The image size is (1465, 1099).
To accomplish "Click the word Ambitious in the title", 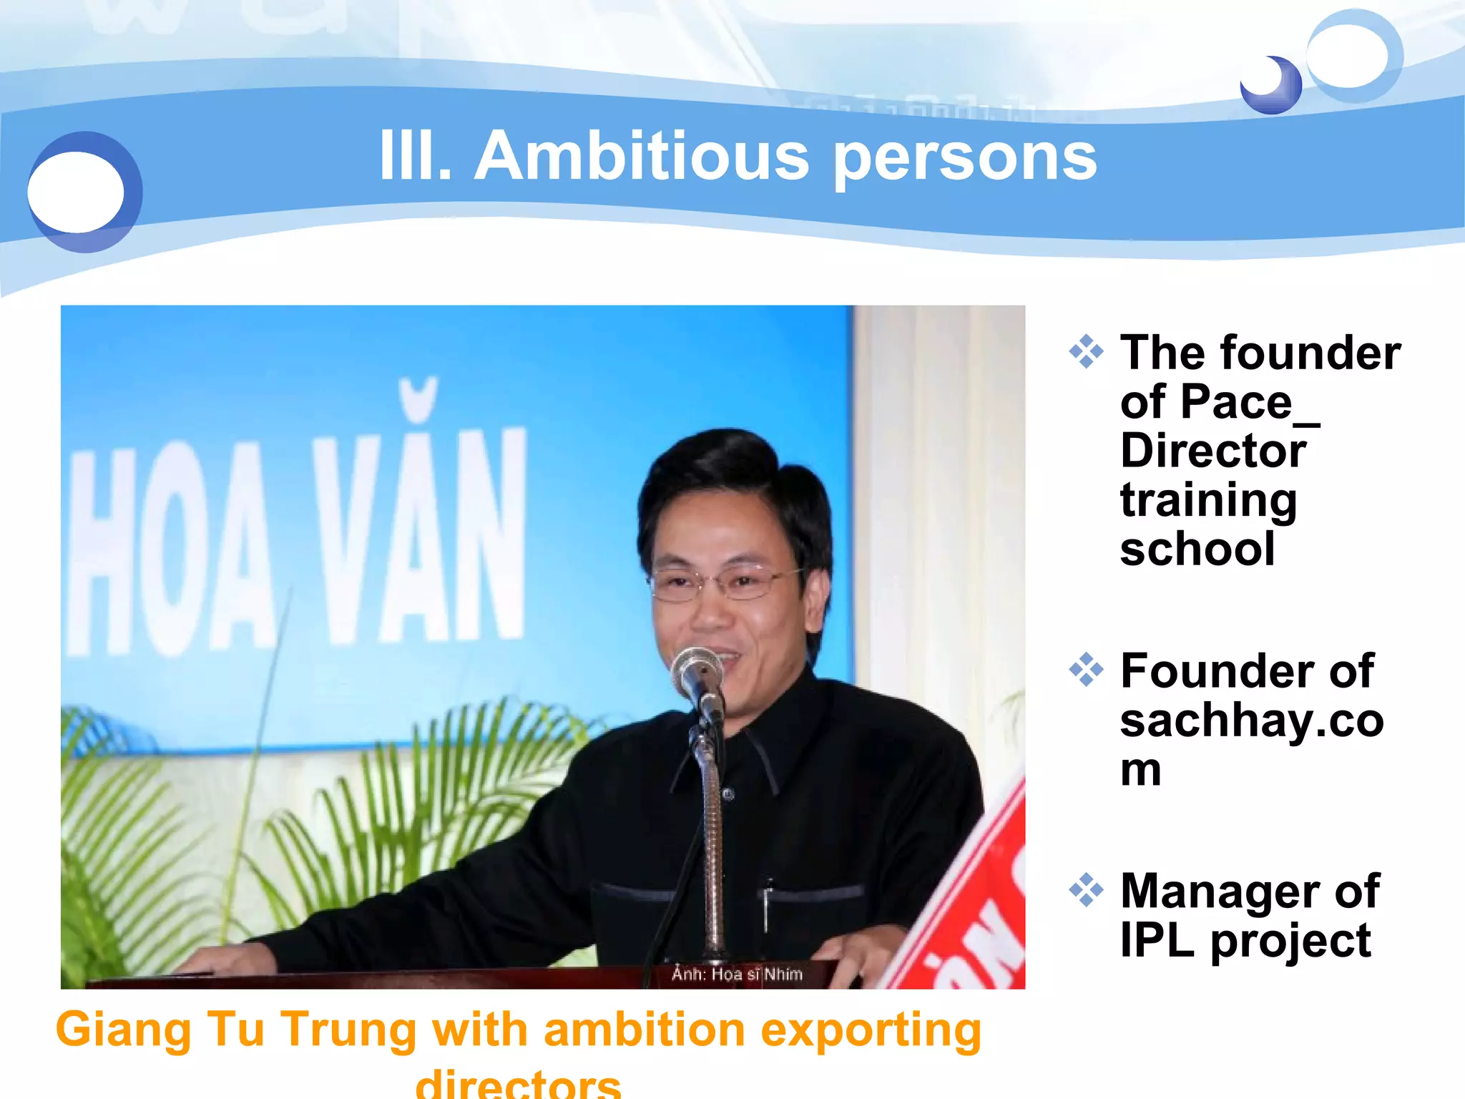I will click(642, 156).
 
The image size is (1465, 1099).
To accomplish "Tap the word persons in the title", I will click(965, 159).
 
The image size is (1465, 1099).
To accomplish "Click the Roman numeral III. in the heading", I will click(415, 156).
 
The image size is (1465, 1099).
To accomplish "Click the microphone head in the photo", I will click(696, 671).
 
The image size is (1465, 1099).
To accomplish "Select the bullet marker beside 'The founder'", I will click(1086, 352).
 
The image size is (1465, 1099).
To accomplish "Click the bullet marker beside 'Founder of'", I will click(1086, 670).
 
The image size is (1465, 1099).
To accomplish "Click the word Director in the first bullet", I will click(1213, 451).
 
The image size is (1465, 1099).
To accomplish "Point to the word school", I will click(1197, 549).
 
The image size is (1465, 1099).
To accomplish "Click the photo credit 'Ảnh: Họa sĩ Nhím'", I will click(737, 974).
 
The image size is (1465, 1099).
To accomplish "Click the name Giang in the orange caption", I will click(123, 1030).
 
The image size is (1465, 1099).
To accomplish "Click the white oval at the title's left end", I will click(76, 192).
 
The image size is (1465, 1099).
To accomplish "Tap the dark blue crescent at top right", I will click(1272, 86).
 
